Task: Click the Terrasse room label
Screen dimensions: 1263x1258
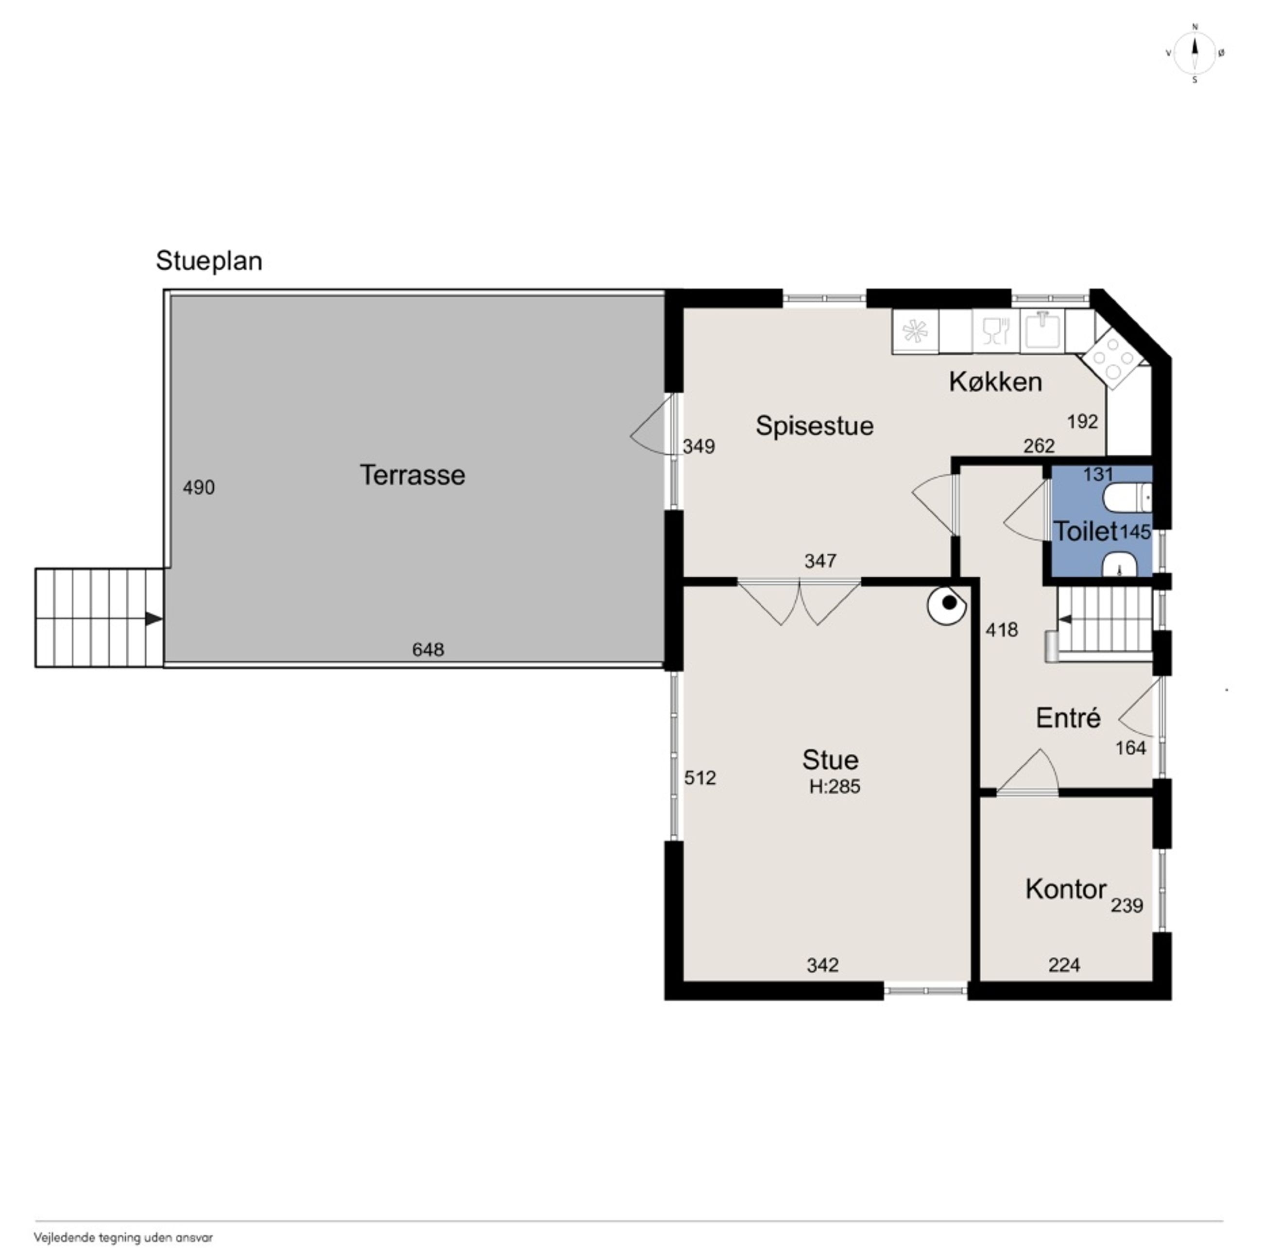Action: pyautogui.click(x=412, y=475)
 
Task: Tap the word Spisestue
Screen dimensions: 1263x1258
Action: pyautogui.click(x=815, y=426)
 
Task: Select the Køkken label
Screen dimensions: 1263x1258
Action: pyautogui.click(x=996, y=382)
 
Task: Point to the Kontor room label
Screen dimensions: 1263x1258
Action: pyautogui.click(x=1066, y=889)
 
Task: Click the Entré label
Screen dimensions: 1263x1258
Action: pyautogui.click(x=1068, y=718)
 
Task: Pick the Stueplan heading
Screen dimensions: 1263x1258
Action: pyautogui.click(x=209, y=261)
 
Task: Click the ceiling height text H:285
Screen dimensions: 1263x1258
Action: pyautogui.click(x=835, y=787)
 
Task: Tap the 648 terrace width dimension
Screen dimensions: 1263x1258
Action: pyautogui.click(x=428, y=649)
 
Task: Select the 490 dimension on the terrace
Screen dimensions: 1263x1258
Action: pyautogui.click(x=199, y=487)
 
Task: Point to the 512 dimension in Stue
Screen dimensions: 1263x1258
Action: pyautogui.click(x=700, y=777)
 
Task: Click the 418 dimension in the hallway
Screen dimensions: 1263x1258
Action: pyautogui.click(x=1002, y=630)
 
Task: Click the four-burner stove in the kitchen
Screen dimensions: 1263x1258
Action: pyautogui.click(x=1112, y=358)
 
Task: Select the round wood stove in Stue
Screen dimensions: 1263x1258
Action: pyautogui.click(x=947, y=605)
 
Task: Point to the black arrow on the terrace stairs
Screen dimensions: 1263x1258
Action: pyautogui.click(x=154, y=619)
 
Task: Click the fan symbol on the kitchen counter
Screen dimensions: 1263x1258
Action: pyautogui.click(x=915, y=332)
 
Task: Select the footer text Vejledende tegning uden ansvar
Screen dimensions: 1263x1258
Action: pyautogui.click(x=123, y=1238)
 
